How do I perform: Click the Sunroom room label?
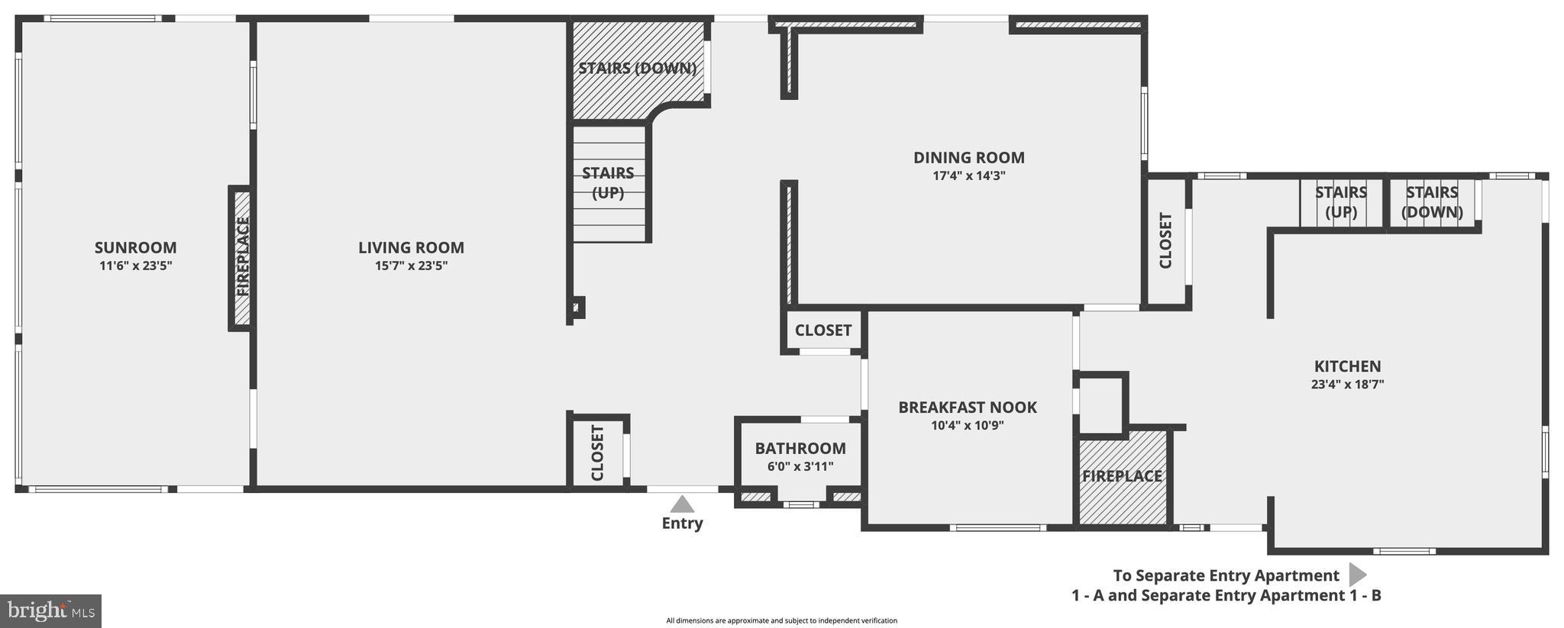coord(135,247)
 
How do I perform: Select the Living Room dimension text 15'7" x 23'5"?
coord(411,266)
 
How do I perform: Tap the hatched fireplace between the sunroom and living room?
coord(242,258)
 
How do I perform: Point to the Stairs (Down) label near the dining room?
coord(637,68)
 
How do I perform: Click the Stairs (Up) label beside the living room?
coord(608,182)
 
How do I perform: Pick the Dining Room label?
coord(968,157)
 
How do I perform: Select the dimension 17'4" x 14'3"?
coord(968,176)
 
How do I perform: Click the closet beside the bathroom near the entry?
coord(597,452)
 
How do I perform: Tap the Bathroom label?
coord(800,448)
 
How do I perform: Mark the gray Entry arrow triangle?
coord(682,504)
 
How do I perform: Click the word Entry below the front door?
coord(682,523)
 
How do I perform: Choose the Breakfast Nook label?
coord(967,407)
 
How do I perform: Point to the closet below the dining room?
coord(822,330)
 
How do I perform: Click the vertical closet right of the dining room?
coord(1165,241)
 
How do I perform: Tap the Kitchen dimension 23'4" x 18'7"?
coord(1347,385)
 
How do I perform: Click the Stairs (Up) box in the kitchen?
coord(1340,202)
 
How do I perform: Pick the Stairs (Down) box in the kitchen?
coord(1432,202)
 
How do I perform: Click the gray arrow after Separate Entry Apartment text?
coord(1357,575)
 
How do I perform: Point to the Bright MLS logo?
coord(50,610)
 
